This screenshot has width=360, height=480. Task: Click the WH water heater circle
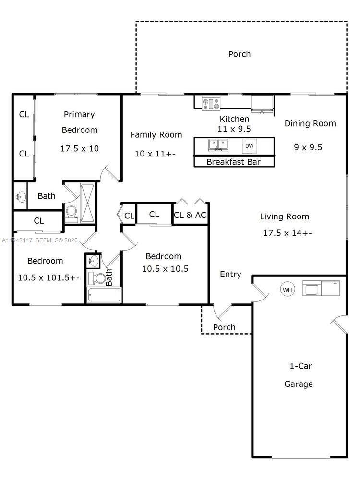click(x=288, y=289)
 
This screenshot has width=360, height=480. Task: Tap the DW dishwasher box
click(x=250, y=146)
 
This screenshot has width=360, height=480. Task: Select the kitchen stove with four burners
click(x=211, y=103)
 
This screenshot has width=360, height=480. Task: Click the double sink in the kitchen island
click(x=218, y=145)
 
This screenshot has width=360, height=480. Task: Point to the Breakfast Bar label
click(x=234, y=162)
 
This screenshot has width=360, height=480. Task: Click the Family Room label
click(x=156, y=135)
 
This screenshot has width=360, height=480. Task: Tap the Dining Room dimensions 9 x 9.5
click(x=308, y=147)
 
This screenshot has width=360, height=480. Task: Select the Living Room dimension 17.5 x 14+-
click(x=288, y=233)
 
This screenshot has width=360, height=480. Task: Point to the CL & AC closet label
click(x=190, y=215)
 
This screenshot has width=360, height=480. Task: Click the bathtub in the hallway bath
click(x=104, y=295)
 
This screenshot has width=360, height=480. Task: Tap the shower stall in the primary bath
click(x=87, y=203)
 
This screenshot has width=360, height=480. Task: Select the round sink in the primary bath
click(x=21, y=196)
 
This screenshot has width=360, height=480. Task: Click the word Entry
click(x=230, y=275)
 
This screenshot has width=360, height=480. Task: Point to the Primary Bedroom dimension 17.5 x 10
click(x=80, y=149)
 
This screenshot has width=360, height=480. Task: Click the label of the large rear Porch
click(x=240, y=54)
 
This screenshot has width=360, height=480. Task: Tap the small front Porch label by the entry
click(x=224, y=327)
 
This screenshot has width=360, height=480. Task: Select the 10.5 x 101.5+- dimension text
click(x=48, y=278)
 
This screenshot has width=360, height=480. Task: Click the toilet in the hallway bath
click(x=97, y=278)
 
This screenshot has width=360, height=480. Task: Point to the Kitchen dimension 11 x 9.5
click(x=234, y=129)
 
